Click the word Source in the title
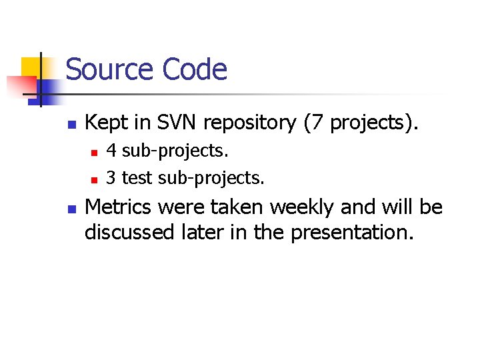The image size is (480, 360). coord(109,69)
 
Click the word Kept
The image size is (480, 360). coord(109,123)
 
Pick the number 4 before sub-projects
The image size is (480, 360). coord(112,151)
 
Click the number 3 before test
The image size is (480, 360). coord(112,179)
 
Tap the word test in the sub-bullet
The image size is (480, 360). coord(137,179)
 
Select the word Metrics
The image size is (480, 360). coord(121,207)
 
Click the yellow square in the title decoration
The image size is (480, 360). coord(31,67)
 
